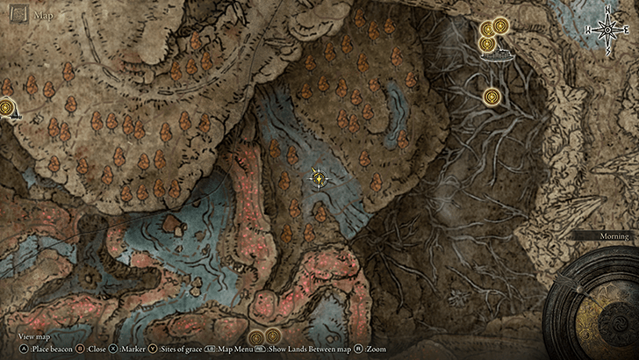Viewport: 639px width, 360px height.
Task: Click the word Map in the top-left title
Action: coord(42,15)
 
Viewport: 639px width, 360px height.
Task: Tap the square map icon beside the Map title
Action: coord(16,15)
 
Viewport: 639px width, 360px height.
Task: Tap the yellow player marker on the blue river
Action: coord(319,178)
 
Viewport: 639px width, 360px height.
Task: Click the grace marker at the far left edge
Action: coord(6,108)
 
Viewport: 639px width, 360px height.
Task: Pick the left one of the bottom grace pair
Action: coord(255,337)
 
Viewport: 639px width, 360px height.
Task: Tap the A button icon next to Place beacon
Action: coord(25,349)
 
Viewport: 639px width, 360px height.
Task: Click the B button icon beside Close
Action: coord(79,349)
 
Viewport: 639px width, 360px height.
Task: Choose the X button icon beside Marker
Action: coord(113,349)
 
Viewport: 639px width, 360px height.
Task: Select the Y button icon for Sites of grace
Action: coord(153,349)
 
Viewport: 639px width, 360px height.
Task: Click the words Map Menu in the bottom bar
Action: coord(230,349)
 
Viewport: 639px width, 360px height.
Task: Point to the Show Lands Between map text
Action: coord(306,349)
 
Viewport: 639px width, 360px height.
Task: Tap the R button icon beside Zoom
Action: coord(361,349)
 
